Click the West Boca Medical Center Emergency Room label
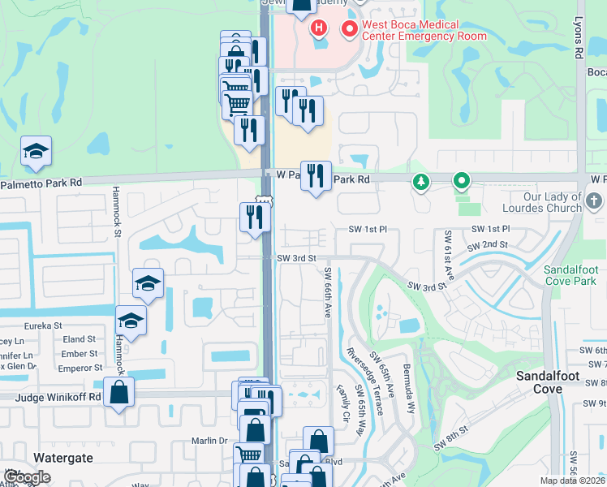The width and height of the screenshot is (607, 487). click(413, 30)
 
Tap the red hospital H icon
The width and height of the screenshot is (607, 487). click(319, 28)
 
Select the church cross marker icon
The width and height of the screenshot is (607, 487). click(593, 200)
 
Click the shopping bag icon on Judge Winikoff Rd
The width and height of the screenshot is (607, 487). click(118, 393)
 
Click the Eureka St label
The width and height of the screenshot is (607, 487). click(44, 325)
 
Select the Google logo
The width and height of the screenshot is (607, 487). click(27, 477)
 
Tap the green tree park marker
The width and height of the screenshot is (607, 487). click(421, 182)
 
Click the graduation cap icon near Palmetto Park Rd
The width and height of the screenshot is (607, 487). click(36, 152)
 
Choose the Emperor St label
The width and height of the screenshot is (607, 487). click(79, 368)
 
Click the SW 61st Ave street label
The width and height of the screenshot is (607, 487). click(448, 252)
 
